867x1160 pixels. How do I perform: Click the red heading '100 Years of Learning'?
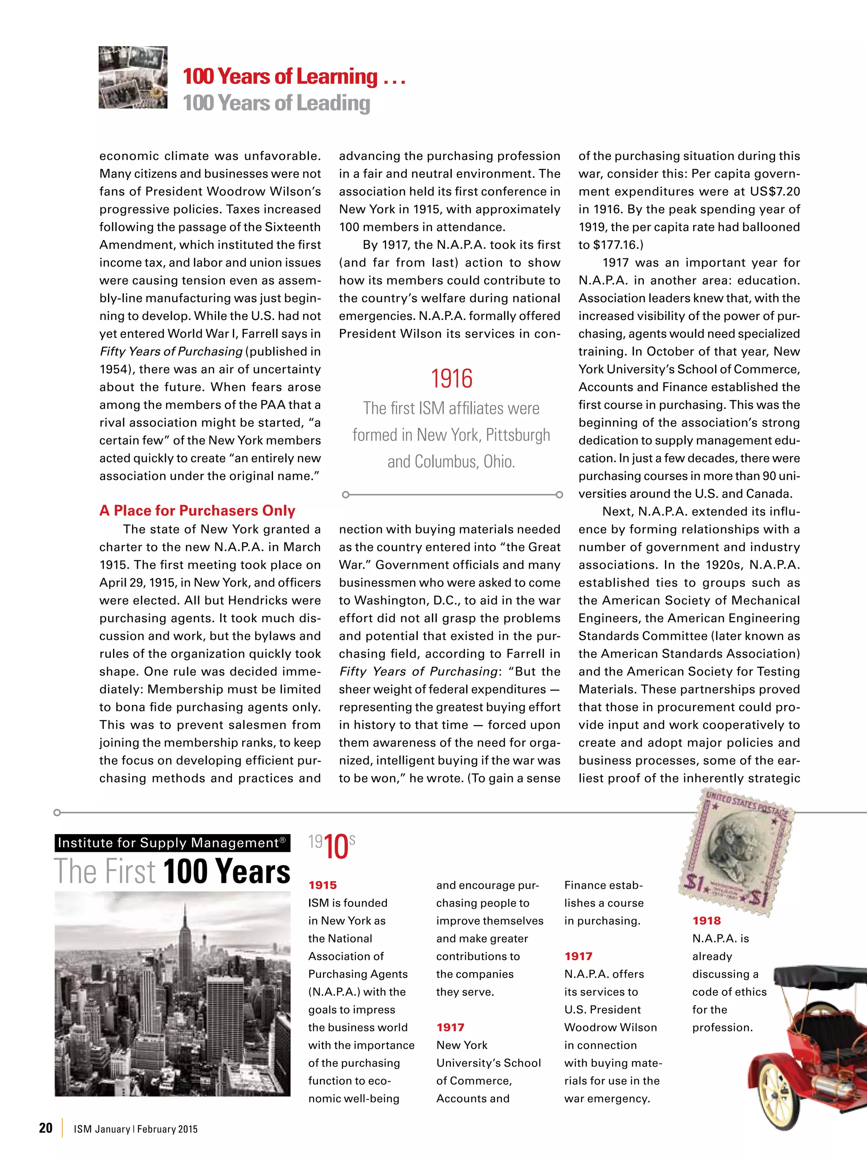pyautogui.click(x=279, y=77)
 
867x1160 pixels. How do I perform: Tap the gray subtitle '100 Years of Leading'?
pyautogui.click(x=276, y=103)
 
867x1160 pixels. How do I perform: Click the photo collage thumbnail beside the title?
pyautogui.click(x=133, y=77)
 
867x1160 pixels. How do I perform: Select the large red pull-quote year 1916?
pyautogui.click(x=451, y=379)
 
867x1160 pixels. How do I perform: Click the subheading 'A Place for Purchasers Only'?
pyautogui.click(x=197, y=510)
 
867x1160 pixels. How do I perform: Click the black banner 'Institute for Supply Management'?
pyautogui.click(x=172, y=843)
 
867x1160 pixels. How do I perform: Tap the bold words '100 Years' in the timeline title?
pyautogui.click(x=226, y=871)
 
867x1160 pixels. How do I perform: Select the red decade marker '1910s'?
pyautogui.click(x=332, y=846)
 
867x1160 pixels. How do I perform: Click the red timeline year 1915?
pyautogui.click(x=323, y=885)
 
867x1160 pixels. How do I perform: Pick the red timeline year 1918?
pyautogui.click(x=707, y=921)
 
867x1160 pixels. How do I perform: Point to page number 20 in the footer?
pyautogui.click(x=46, y=1128)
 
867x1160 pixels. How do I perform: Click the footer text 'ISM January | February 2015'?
pyautogui.click(x=135, y=1129)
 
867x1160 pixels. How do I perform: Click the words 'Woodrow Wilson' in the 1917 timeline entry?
pyautogui.click(x=610, y=1027)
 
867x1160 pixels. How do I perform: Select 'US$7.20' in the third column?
pyautogui.click(x=775, y=191)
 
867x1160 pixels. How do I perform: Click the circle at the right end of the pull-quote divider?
pyautogui.click(x=559, y=495)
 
